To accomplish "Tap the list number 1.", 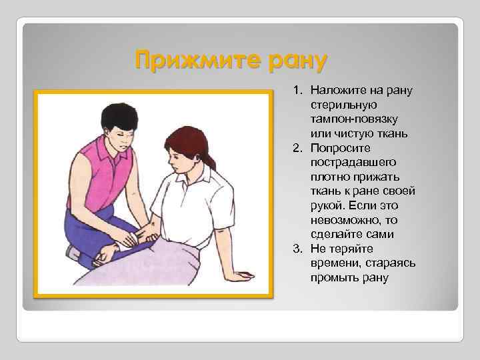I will (297, 90).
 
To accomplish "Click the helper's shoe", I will (72, 252).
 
